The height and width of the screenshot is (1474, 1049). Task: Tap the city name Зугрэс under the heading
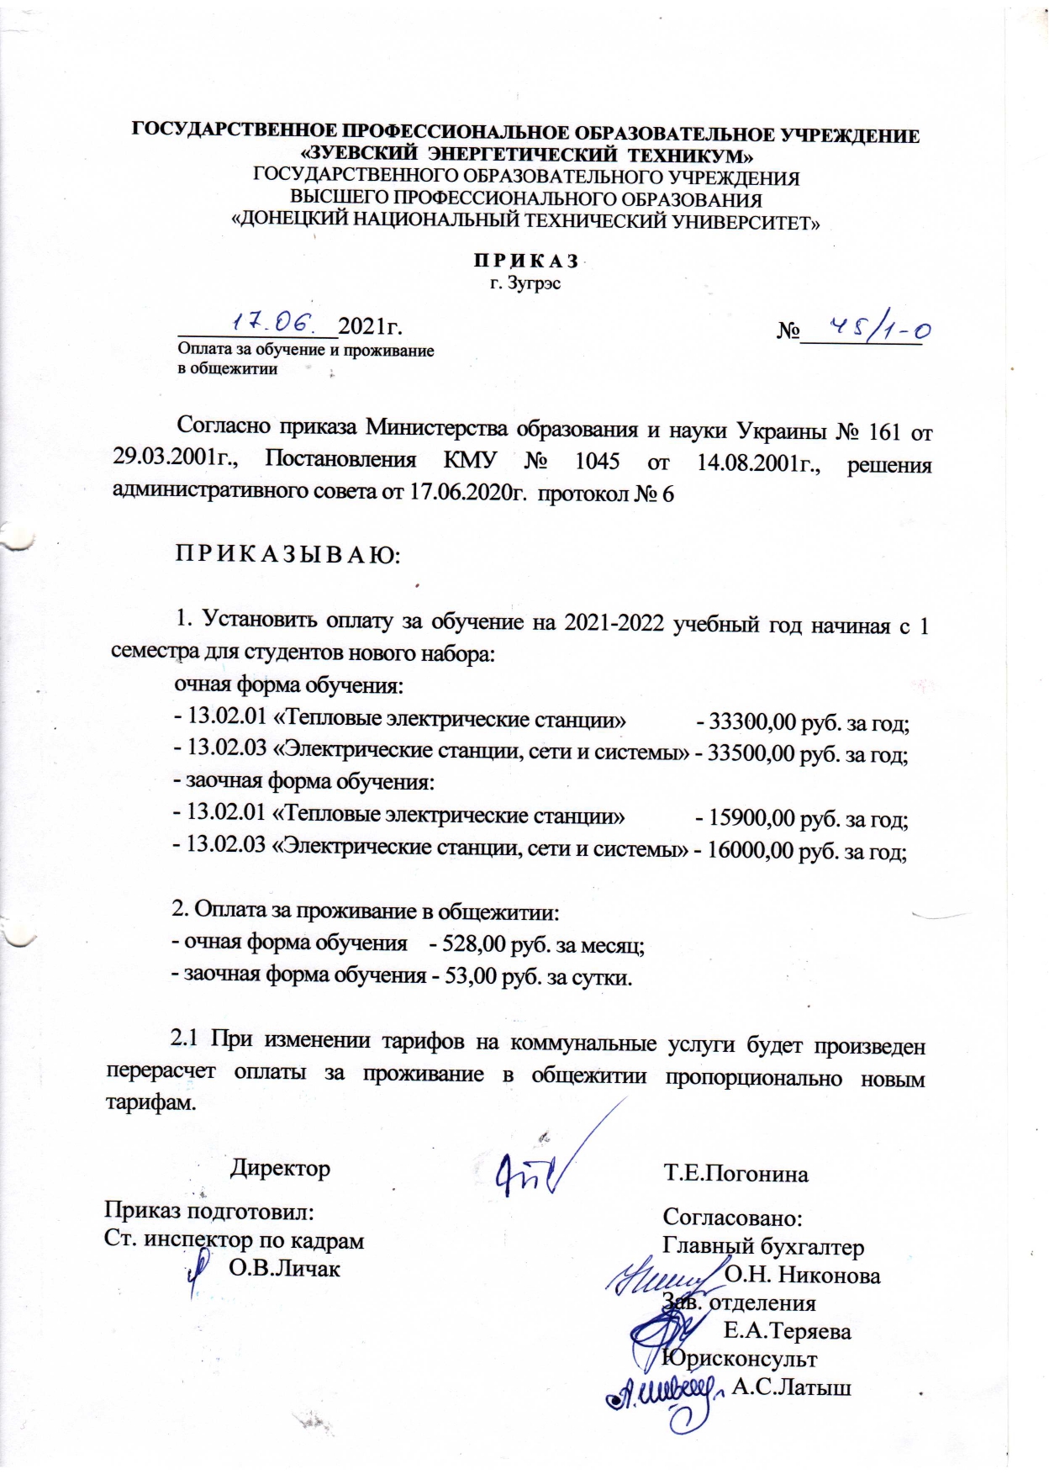click(x=526, y=283)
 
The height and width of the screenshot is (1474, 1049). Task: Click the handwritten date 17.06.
click(x=273, y=322)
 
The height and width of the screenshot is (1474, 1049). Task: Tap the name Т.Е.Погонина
click(x=735, y=1174)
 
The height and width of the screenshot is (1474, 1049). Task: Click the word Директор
click(x=281, y=1168)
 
